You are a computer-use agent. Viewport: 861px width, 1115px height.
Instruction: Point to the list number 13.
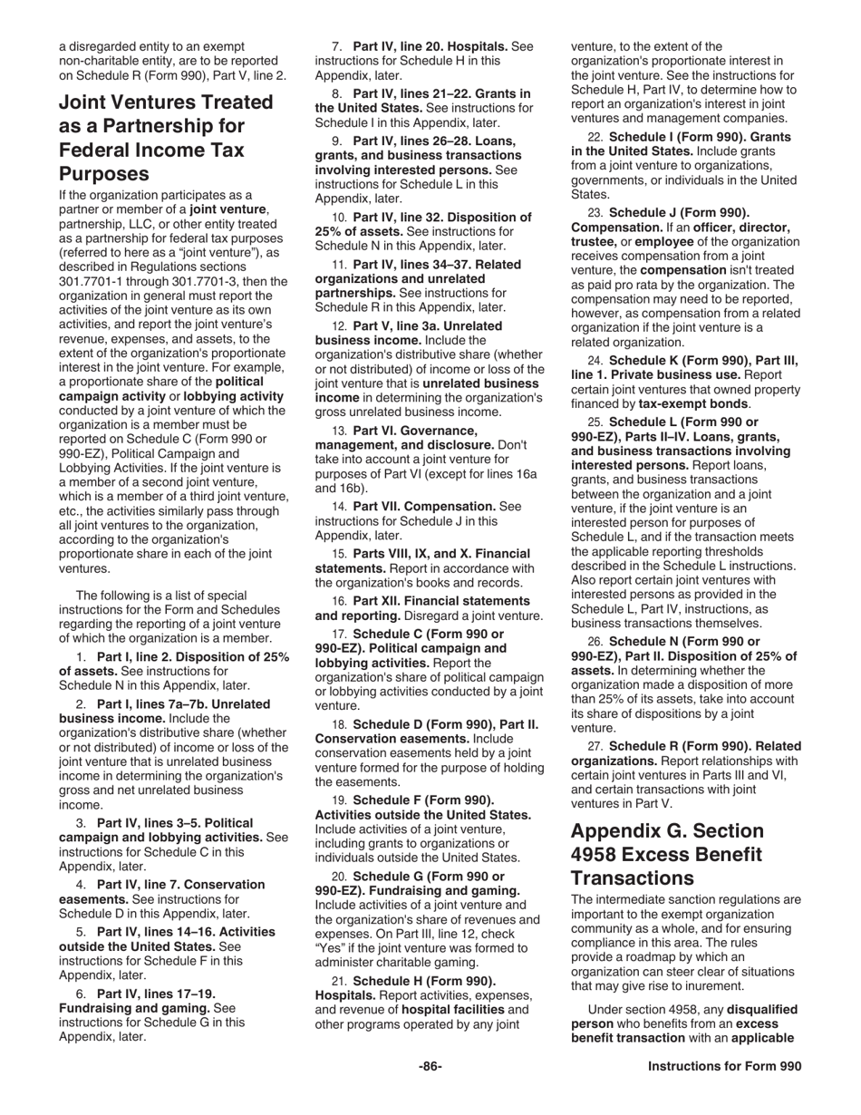[x=339, y=431]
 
